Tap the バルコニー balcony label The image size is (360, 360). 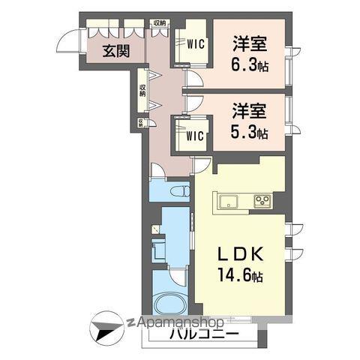click(x=203, y=334)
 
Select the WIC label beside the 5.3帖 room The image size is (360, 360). click(x=194, y=136)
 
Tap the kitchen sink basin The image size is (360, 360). click(x=226, y=200)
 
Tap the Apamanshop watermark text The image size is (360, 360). click(x=180, y=322)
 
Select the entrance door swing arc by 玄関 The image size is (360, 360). click(x=69, y=43)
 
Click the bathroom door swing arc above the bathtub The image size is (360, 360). click(x=178, y=275)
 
